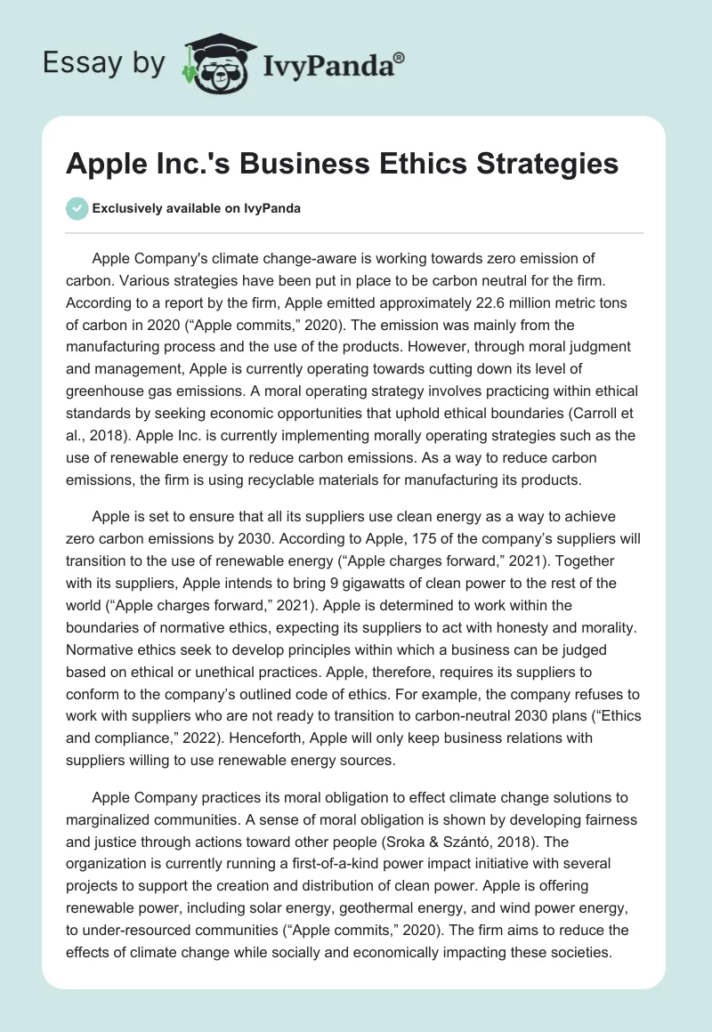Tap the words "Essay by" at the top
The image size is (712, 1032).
pyautogui.click(x=103, y=63)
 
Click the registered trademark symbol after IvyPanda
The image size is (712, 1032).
pyautogui.click(x=400, y=58)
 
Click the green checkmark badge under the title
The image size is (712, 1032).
pyautogui.click(x=77, y=208)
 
